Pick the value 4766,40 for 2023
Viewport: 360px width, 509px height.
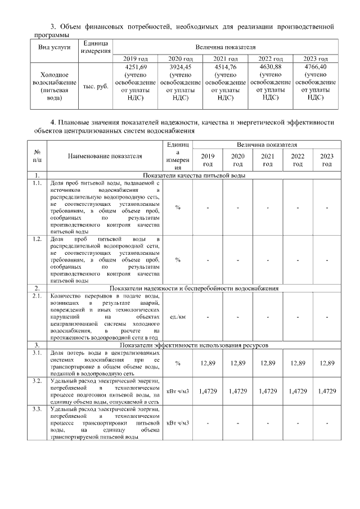[x=316, y=67]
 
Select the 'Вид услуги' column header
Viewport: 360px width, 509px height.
[x=54, y=47]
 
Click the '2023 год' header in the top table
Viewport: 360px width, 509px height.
[x=316, y=58]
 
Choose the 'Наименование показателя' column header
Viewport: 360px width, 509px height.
[x=105, y=156]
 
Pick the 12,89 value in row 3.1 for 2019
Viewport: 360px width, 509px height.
[x=208, y=363]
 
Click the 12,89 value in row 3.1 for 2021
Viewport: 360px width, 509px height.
[x=268, y=363]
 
